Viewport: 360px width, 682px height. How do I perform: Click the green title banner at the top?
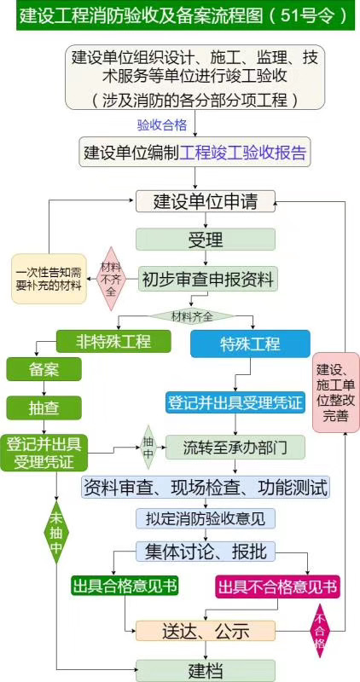click(180, 16)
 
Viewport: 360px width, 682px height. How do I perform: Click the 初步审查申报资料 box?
click(208, 278)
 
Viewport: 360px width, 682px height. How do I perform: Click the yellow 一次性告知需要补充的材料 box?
click(48, 278)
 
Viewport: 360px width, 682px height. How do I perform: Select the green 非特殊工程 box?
click(113, 342)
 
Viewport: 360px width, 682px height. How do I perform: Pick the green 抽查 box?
click(44, 407)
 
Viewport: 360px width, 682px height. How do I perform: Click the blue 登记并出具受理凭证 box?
click(235, 402)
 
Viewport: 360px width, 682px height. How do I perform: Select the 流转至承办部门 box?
click(235, 446)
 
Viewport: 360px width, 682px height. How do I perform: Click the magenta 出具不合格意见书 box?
click(277, 587)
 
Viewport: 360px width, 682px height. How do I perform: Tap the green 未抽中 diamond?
click(56, 533)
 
